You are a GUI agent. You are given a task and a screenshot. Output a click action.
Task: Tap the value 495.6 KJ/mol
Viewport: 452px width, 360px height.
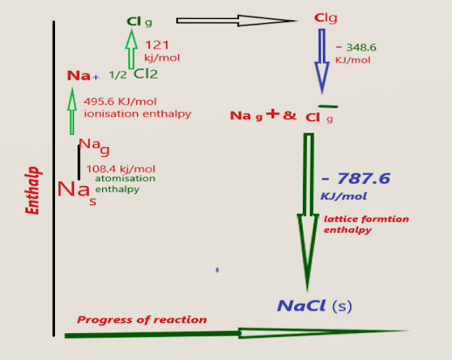click(x=120, y=101)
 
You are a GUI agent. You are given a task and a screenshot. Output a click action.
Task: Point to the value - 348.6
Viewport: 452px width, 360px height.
click(x=356, y=48)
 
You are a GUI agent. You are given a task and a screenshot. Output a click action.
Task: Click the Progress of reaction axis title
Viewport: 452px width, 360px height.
click(x=142, y=319)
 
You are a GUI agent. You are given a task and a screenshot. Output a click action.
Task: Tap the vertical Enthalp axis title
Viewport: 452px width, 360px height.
click(x=33, y=191)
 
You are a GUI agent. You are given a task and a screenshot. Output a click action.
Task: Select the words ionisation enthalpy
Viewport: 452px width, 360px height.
click(x=138, y=114)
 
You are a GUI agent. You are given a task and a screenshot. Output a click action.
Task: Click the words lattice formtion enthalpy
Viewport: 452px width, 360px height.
click(x=366, y=224)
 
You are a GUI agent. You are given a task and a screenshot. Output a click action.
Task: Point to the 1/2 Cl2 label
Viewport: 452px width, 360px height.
click(x=134, y=74)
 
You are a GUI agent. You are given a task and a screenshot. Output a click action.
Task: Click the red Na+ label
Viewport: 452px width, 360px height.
click(x=83, y=75)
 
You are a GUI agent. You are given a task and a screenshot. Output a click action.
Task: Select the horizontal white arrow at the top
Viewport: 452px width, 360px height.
click(x=235, y=20)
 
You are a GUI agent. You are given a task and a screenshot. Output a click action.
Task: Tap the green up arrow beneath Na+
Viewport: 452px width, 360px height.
click(x=72, y=109)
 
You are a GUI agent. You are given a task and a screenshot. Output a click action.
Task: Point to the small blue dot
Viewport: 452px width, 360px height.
click(x=217, y=270)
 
